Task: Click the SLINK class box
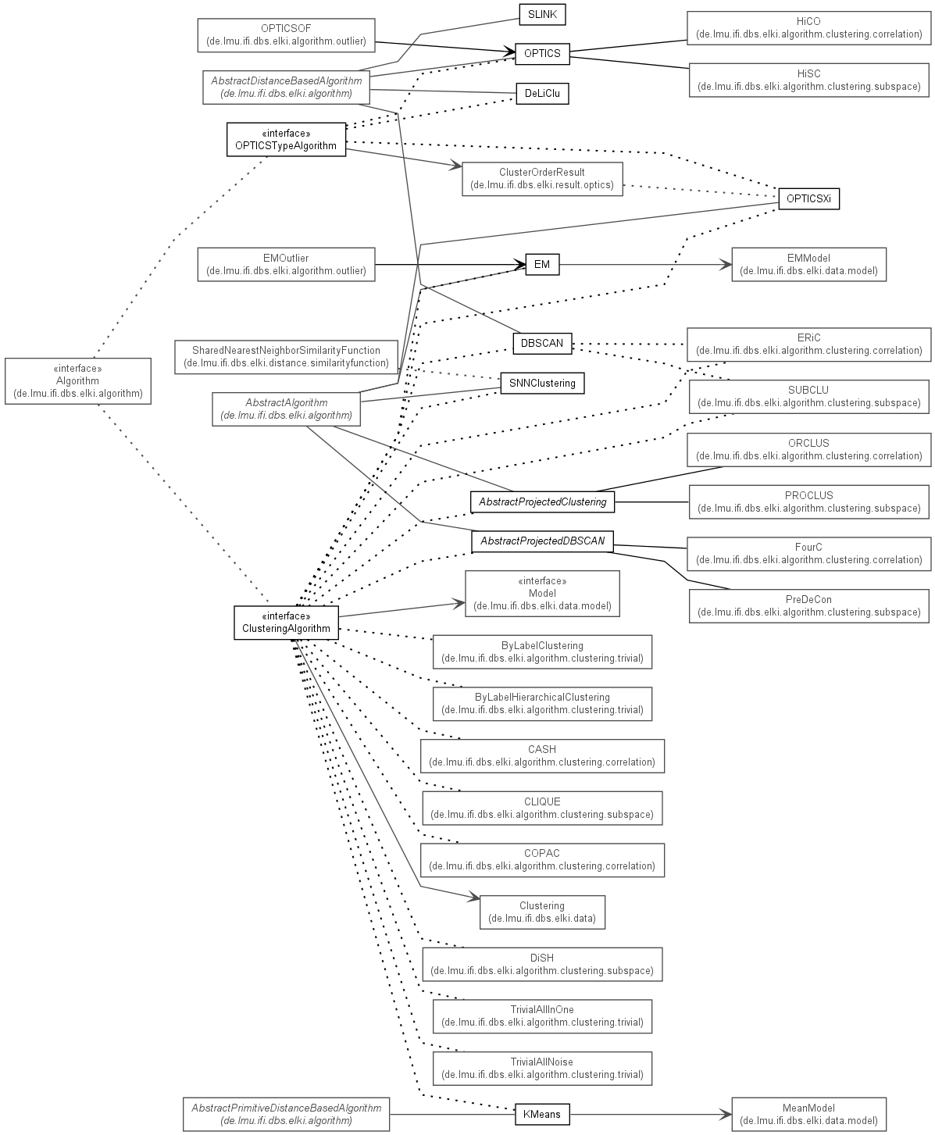coord(542,15)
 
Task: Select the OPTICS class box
coord(542,54)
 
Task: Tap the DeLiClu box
coord(542,94)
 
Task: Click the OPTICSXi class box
coord(808,199)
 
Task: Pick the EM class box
coord(542,265)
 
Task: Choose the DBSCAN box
coord(542,344)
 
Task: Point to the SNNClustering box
coord(542,384)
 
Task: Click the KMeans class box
coord(542,1115)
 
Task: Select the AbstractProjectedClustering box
coord(542,502)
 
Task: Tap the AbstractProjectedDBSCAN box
coord(542,541)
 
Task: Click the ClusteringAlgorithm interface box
coord(286,623)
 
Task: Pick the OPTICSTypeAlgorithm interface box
coord(286,140)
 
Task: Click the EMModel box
coord(808,265)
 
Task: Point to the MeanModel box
coord(808,1115)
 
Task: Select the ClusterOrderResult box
coord(542,179)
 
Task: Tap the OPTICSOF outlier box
coord(286,35)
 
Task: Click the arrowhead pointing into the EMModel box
coord(726,265)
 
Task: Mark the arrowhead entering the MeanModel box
coord(726,1115)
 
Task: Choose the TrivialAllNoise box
coord(542,1069)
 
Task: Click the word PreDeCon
coord(808,600)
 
